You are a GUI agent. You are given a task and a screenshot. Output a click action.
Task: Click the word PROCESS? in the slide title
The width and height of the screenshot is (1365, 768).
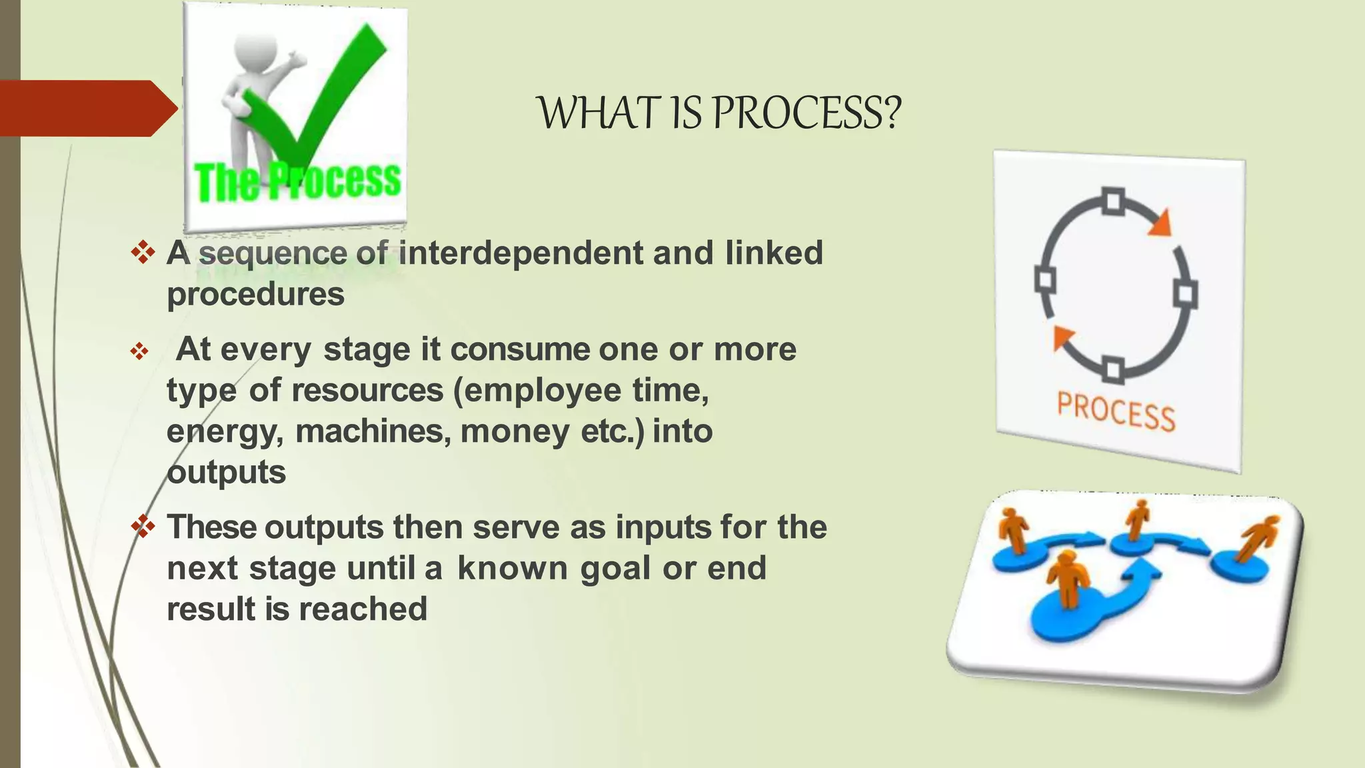tap(806, 113)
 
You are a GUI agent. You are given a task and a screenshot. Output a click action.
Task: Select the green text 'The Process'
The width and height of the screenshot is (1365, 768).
tap(297, 181)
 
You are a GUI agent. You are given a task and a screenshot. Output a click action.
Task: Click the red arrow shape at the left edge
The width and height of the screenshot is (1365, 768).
tap(87, 108)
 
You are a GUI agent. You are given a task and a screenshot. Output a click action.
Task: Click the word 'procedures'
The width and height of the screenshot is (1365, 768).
tap(255, 295)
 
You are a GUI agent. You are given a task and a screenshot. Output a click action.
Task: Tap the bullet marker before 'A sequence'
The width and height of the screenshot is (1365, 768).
tap(143, 253)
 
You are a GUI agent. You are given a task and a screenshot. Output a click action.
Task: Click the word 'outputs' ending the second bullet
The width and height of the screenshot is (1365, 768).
tap(226, 473)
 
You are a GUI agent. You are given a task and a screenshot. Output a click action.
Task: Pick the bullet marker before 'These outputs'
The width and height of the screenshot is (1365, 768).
tap(143, 527)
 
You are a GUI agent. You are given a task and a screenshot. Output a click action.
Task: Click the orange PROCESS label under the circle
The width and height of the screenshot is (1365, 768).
tap(1116, 411)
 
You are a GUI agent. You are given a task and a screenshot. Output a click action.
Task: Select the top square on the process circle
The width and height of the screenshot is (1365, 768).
tap(1112, 202)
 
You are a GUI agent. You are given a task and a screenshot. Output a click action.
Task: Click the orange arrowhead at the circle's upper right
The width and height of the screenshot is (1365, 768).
tap(1160, 223)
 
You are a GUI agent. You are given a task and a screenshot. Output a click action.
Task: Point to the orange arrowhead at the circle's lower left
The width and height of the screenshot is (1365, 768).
tap(1062, 337)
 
